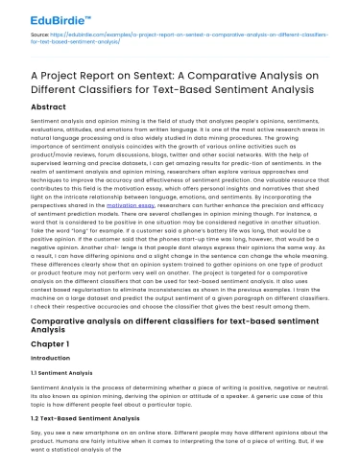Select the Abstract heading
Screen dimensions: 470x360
click(41, 109)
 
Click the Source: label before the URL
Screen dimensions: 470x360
click(25, 33)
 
